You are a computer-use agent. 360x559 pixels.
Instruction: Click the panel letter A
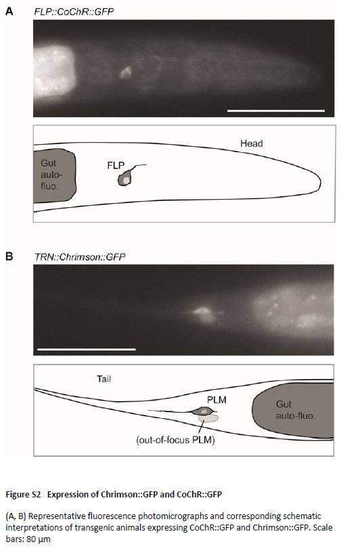point(9,12)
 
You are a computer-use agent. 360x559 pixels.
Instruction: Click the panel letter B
point(9,256)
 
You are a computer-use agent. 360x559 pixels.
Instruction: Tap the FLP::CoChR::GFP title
point(74,12)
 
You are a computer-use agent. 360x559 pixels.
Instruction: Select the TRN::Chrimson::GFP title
point(80,257)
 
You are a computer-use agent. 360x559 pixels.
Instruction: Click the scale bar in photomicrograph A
point(276,110)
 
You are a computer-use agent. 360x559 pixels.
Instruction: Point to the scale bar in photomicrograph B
point(86,349)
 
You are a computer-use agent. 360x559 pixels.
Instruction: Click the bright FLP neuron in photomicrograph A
point(125,72)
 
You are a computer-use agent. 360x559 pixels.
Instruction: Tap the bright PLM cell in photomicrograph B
point(204,314)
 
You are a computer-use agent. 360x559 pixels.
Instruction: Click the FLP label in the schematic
point(116,165)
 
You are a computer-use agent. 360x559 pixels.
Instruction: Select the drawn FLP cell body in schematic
point(125,178)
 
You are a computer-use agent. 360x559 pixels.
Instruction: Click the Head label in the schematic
point(251,143)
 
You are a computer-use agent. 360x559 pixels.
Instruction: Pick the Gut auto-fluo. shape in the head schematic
point(55,175)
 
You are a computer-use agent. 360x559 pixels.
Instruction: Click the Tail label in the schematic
point(104,378)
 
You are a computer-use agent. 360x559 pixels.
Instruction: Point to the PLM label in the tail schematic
point(217,400)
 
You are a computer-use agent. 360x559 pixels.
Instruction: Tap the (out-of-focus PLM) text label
point(175,440)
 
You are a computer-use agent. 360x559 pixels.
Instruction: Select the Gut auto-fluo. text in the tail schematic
point(296,410)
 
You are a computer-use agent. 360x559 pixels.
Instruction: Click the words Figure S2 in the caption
point(23,495)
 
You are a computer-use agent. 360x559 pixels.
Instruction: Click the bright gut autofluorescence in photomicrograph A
point(53,71)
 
